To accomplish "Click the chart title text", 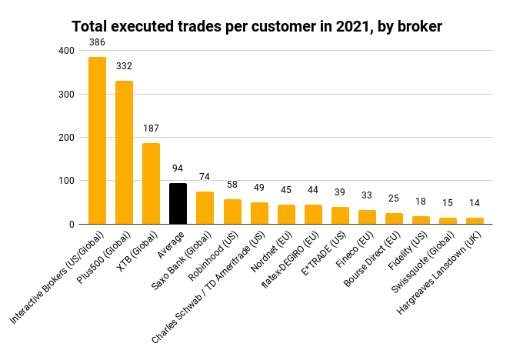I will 257,26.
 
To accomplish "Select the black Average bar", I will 178,204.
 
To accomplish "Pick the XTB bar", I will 152,184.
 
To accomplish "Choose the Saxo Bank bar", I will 205,208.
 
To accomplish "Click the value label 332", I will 124,66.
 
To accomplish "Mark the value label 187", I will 152,128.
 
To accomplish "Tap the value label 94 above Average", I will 178,168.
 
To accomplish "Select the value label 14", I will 475,203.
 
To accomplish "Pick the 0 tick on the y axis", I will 72,224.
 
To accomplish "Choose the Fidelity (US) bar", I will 421,220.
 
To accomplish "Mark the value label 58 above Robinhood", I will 232,185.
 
